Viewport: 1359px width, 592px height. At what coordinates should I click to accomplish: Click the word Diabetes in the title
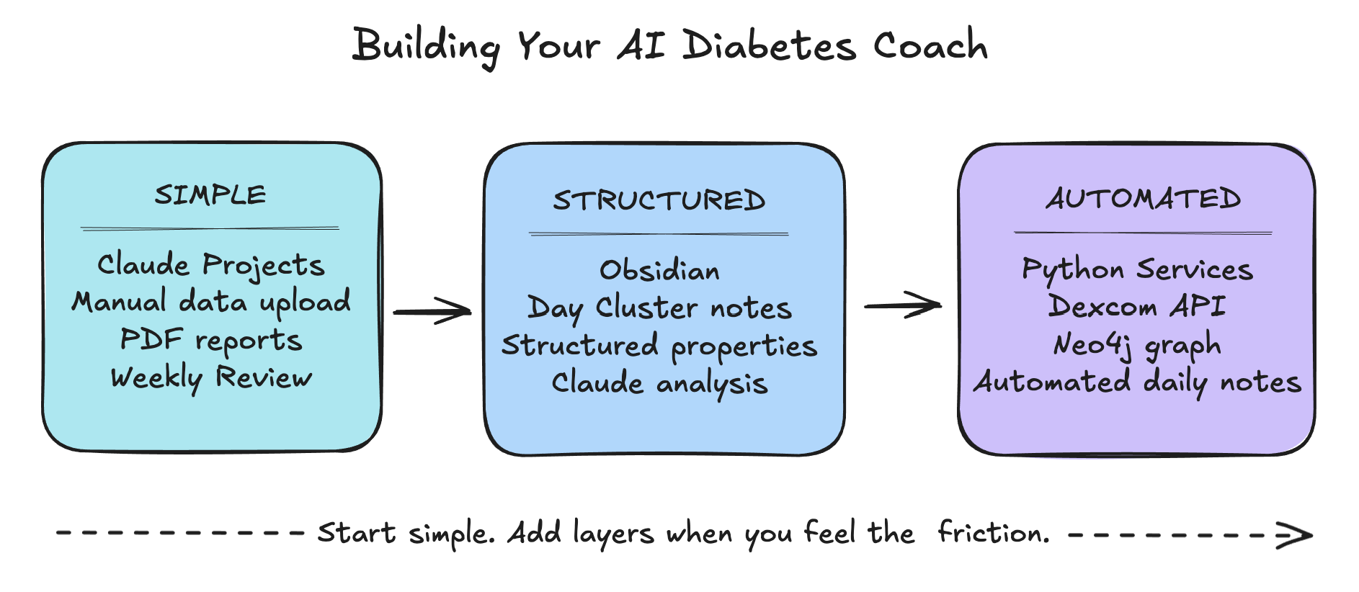tap(769, 46)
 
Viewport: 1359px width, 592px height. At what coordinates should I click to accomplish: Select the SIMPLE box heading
tap(210, 194)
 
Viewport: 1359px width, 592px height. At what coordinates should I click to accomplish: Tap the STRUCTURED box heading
tap(659, 200)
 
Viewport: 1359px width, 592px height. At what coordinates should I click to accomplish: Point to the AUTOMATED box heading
tap(1144, 198)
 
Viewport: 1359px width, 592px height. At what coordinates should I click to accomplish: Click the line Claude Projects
tap(211, 265)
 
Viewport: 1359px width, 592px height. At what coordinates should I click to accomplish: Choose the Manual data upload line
tap(211, 302)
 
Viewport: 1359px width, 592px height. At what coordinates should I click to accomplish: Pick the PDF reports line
tap(211, 340)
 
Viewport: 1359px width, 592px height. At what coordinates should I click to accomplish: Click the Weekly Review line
tap(211, 377)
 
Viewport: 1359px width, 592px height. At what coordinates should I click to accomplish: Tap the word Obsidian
tap(659, 270)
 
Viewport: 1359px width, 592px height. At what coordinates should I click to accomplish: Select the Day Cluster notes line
tap(659, 308)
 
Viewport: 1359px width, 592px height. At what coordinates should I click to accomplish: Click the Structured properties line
tap(659, 346)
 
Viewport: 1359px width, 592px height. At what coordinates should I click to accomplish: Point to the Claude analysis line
tap(659, 383)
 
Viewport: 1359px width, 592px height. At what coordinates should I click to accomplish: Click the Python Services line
tap(1138, 269)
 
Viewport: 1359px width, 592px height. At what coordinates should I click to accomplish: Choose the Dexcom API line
tap(1137, 306)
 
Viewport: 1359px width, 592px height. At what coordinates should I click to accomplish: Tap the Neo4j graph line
tap(1137, 345)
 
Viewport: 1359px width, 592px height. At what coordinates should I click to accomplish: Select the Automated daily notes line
tap(1138, 382)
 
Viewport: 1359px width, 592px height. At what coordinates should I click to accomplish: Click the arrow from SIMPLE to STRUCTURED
tap(432, 312)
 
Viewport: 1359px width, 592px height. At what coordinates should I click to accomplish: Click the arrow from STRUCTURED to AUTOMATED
tap(903, 305)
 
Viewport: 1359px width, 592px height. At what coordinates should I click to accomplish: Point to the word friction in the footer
tap(993, 532)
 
